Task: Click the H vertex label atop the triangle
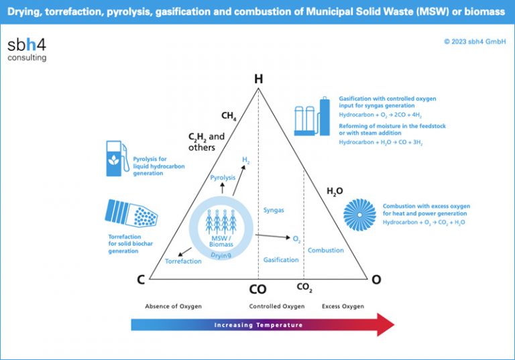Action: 258,79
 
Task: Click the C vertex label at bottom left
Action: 141,280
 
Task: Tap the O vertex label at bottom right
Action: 376,280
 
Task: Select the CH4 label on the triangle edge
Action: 229,117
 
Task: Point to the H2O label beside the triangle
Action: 335,192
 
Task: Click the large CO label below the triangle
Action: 257,290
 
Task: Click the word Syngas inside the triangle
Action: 274,210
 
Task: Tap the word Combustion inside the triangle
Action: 325,250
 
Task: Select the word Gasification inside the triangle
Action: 281,259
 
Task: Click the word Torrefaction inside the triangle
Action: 183,261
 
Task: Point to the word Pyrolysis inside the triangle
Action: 223,178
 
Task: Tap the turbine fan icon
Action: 359,215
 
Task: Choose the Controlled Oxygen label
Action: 277,306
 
